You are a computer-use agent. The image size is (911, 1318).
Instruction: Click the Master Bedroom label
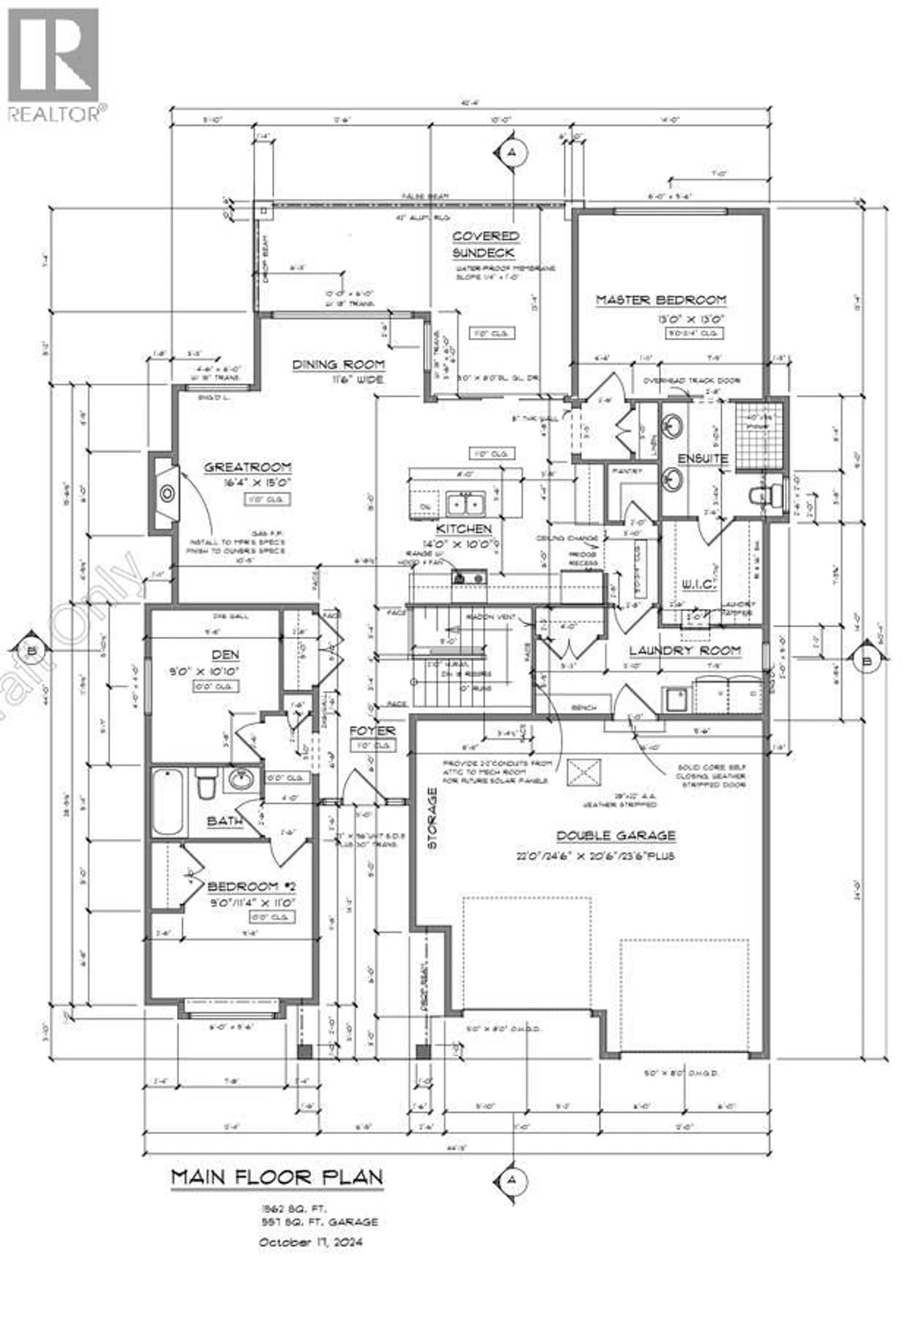661,300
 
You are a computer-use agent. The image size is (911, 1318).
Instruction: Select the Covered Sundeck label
485,244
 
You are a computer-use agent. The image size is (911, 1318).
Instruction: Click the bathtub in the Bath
168,802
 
